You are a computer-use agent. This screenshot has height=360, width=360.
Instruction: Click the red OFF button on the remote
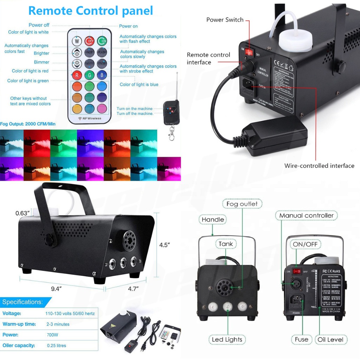pyautogui.click(x=89, y=41)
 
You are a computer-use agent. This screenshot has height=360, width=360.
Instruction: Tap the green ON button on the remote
pyautogui.click(x=102, y=41)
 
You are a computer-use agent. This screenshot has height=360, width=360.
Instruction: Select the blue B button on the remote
pyautogui.click(x=102, y=75)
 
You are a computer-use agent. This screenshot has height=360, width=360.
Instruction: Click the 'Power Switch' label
pyautogui.click(x=225, y=20)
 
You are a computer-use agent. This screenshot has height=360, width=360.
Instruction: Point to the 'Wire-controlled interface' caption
pyautogui.click(x=319, y=166)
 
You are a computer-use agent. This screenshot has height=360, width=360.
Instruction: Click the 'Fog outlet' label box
pyautogui.click(x=242, y=204)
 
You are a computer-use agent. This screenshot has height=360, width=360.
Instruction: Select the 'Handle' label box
pyautogui.click(x=213, y=220)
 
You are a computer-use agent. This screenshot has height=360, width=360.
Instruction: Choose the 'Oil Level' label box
pyautogui.click(x=330, y=339)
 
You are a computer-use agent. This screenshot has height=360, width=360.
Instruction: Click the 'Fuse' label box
pyautogui.click(x=302, y=339)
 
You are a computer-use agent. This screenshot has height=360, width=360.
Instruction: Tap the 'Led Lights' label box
pyautogui.click(x=227, y=339)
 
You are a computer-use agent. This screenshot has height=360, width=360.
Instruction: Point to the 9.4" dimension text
pyautogui.click(x=56, y=289)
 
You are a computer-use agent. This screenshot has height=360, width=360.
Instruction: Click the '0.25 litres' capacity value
pyautogui.click(x=56, y=346)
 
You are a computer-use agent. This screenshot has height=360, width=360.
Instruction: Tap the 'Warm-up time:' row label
pyautogui.click(x=19, y=324)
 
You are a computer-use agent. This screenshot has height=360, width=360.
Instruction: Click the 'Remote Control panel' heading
pyautogui.click(x=91, y=11)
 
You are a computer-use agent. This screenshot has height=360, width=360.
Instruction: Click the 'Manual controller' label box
pyautogui.click(x=306, y=215)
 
